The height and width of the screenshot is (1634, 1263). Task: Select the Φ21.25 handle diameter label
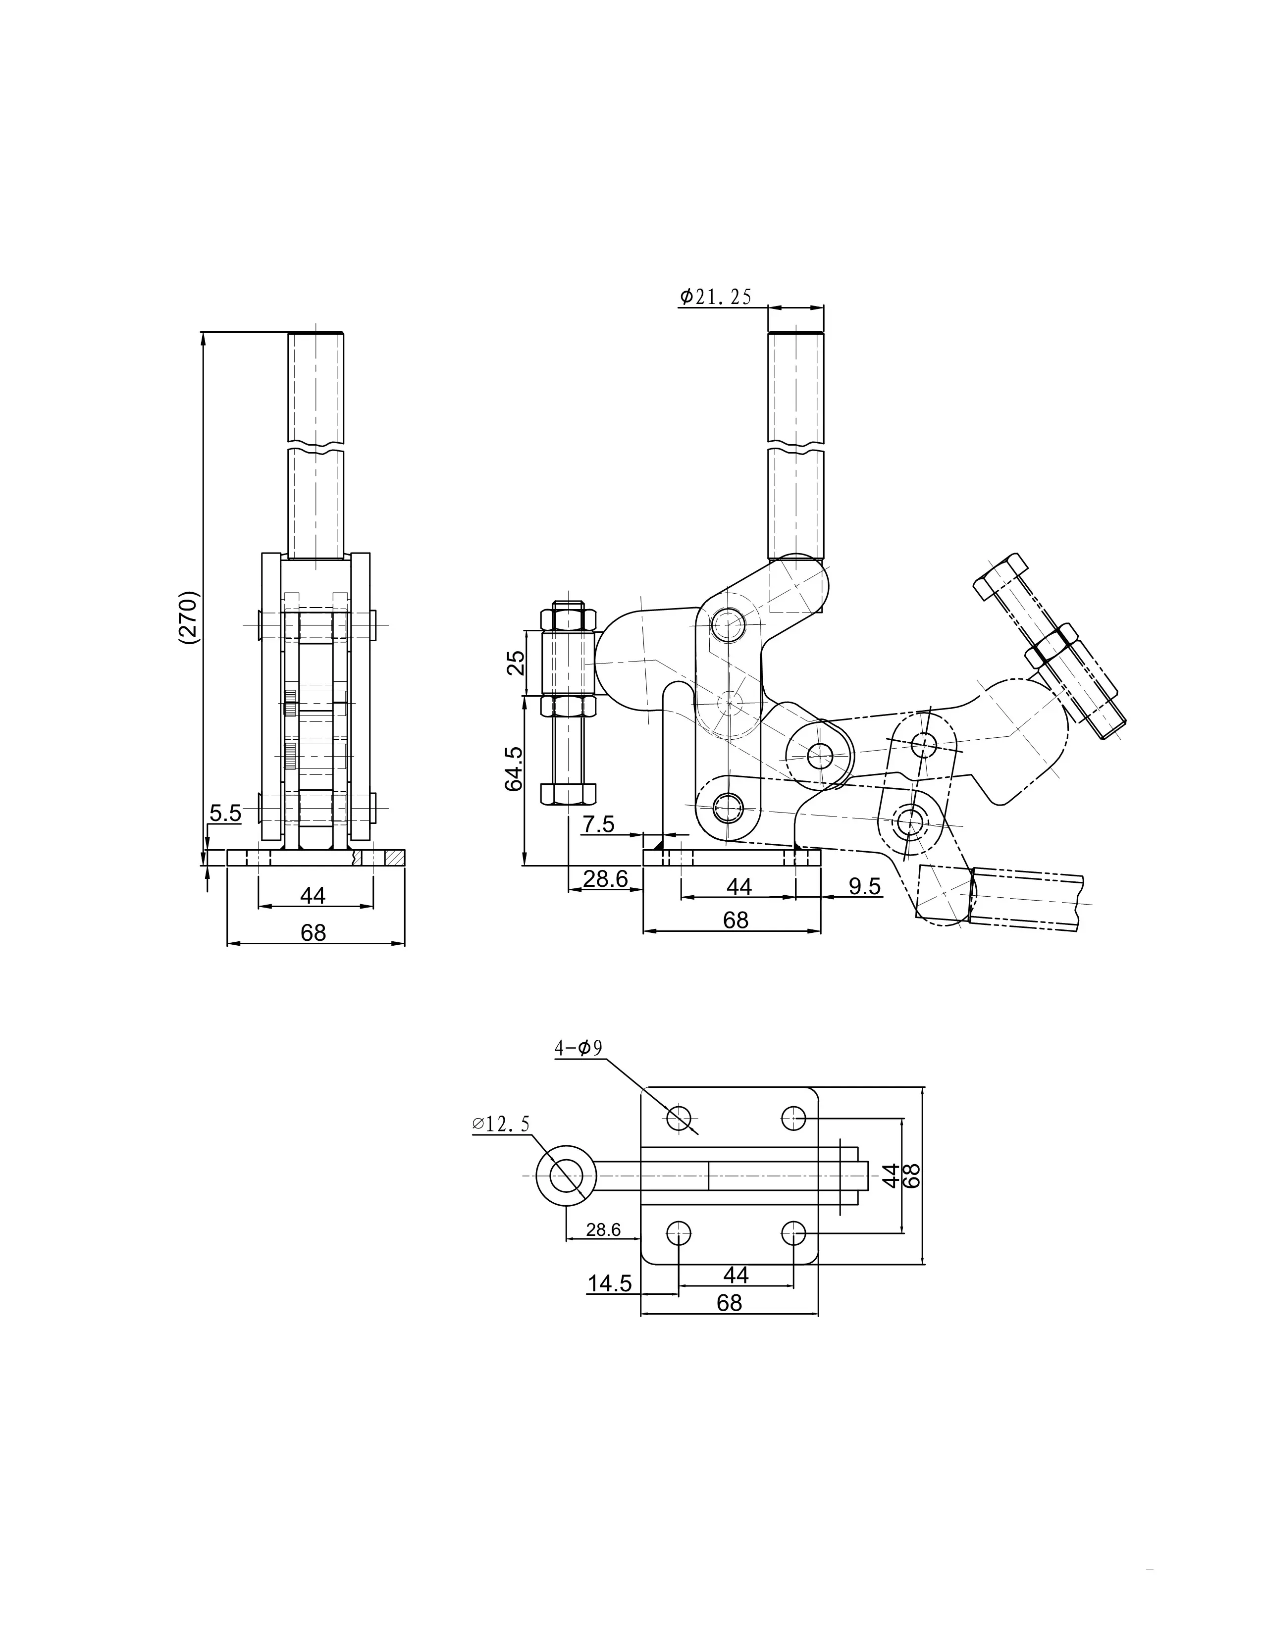point(715,297)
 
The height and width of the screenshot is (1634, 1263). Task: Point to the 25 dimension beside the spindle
point(516,663)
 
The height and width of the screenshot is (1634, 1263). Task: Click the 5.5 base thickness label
point(225,813)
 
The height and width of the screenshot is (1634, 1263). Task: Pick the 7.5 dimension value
point(599,824)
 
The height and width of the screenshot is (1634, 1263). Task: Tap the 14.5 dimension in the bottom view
point(610,1284)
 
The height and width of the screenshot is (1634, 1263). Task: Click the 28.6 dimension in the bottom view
point(603,1230)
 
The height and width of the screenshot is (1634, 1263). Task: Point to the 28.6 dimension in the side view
point(605,878)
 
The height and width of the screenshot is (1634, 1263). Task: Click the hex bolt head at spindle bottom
point(568,793)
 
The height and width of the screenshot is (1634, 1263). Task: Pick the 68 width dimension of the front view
point(314,933)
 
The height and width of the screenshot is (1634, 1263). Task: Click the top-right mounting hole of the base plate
point(794,1119)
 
